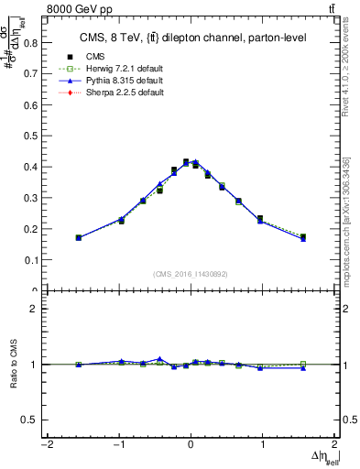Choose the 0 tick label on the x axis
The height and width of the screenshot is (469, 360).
pyautogui.click(x=191, y=445)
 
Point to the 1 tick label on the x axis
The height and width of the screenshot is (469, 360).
pyautogui.click(x=263, y=445)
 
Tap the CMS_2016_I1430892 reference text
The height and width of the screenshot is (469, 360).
pyautogui.click(x=191, y=273)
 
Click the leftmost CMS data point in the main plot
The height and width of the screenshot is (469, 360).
pyautogui.click(x=79, y=237)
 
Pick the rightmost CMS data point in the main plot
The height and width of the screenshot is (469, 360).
pyautogui.click(x=302, y=237)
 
